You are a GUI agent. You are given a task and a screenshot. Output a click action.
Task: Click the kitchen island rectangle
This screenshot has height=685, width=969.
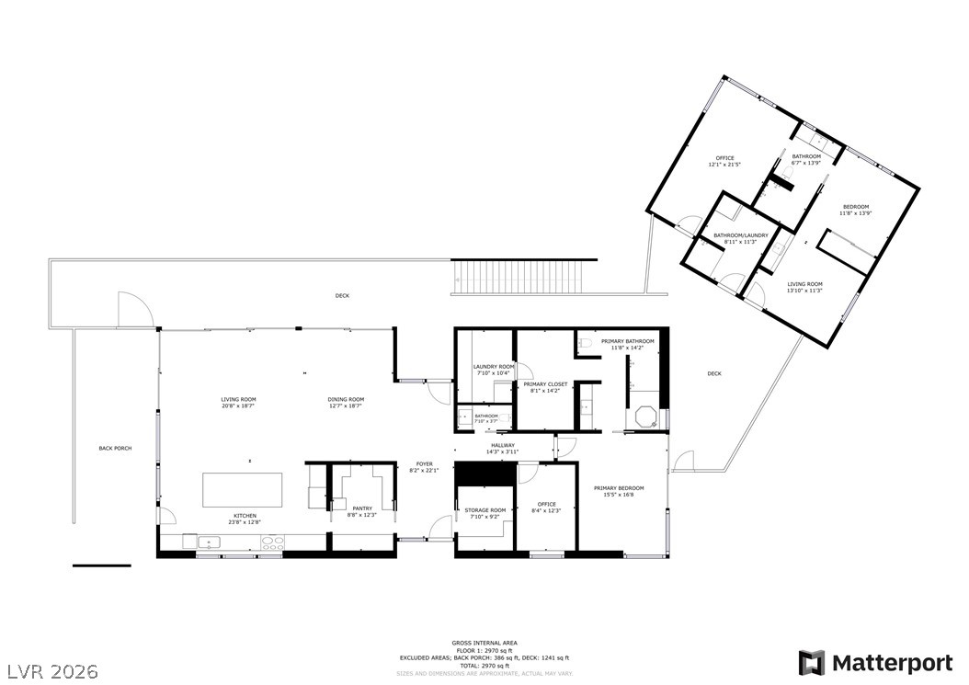click(x=244, y=489)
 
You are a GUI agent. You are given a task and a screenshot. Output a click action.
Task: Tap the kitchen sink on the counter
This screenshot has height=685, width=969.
click(x=209, y=542)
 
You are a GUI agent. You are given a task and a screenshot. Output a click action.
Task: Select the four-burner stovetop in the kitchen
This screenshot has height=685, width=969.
click(x=273, y=542)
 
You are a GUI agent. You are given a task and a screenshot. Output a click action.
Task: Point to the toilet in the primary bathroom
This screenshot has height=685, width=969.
click(x=585, y=344)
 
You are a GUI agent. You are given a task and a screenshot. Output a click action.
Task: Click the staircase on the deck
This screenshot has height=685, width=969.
click(x=524, y=277)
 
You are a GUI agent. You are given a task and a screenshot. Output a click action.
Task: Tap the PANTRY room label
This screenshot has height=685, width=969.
click(x=361, y=508)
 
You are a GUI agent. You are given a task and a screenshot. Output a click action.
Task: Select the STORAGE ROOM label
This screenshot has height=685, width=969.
click(x=484, y=509)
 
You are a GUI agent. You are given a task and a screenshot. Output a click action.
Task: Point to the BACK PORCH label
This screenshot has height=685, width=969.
click(x=115, y=448)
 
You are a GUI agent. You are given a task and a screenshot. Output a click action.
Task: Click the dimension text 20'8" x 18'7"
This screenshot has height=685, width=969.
click(x=237, y=405)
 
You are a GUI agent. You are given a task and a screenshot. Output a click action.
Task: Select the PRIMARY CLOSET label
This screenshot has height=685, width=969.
click(x=545, y=384)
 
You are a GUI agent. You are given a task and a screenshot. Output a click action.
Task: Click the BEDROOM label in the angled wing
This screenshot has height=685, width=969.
click(x=855, y=207)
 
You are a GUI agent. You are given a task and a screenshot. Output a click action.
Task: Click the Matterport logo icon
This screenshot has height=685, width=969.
click(x=811, y=663)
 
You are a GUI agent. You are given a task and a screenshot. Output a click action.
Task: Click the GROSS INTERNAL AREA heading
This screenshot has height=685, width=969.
click(x=484, y=643)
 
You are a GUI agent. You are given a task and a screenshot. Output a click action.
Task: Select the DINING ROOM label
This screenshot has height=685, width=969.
click(x=347, y=399)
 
